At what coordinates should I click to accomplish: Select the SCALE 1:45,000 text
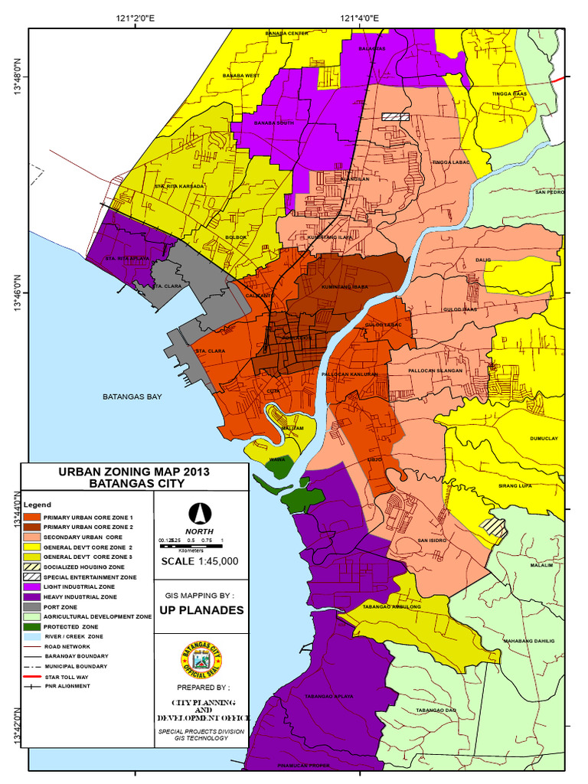(x=200, y=561)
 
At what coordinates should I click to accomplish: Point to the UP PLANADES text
(x=201, y=610)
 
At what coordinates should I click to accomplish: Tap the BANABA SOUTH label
(x=273, y=123)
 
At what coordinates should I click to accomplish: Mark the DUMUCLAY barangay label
(x=544, y=439)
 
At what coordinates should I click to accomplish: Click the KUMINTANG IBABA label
(x=345, y=287)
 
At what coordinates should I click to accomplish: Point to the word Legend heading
(x=37, y=505)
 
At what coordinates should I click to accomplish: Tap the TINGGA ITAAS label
(x=509, y=93)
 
